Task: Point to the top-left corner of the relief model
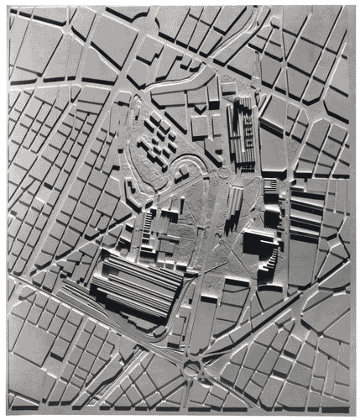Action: point(8,7)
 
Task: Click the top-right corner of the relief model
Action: point(353,7)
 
